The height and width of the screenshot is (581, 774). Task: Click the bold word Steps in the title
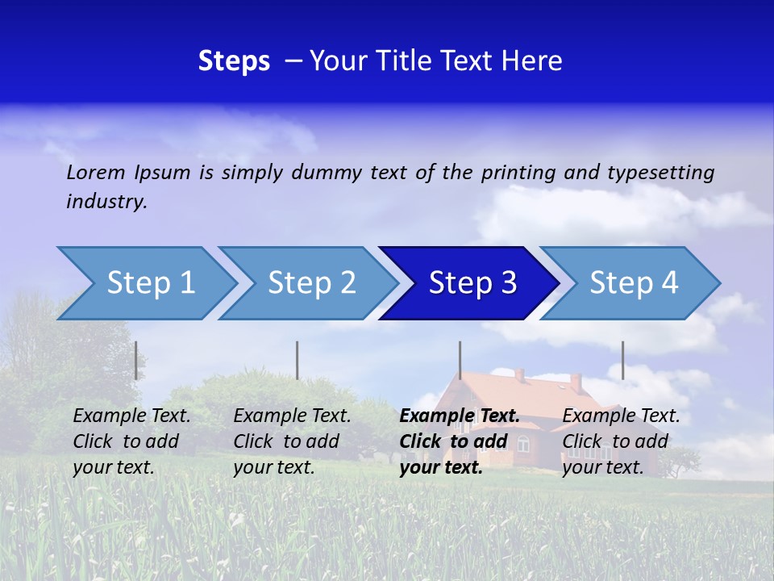tap(234, 61)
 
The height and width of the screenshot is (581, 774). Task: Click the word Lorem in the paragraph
tap(96, 172)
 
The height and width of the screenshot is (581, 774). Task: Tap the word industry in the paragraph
tap(106, 201)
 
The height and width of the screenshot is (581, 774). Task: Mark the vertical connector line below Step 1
tap(135, 360)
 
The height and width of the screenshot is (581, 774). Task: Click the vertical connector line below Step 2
tap(298, 360)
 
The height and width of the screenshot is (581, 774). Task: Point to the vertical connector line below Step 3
tap(460, 360)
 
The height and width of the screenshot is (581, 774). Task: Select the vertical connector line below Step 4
tap(622, 360)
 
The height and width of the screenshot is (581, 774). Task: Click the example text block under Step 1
tap(131, 441)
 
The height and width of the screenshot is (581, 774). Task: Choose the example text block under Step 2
tap(292, 441)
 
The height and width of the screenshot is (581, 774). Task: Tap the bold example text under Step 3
tap(459, 441)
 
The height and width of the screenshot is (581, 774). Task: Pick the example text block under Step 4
tap(621, 441)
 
